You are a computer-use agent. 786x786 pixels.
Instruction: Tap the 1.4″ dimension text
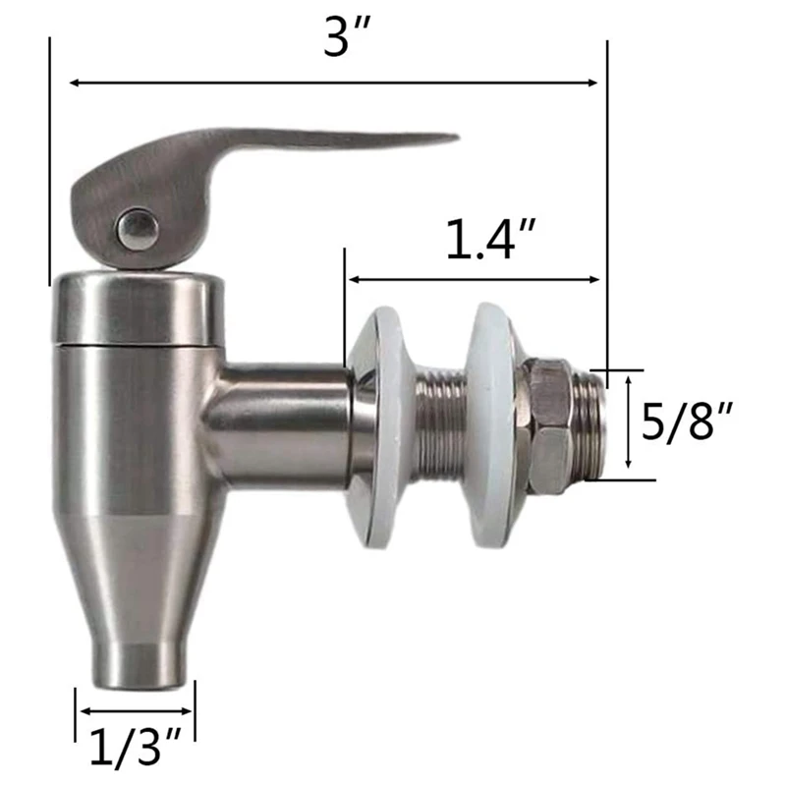[480, 240]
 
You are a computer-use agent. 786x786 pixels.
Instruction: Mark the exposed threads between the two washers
[440, 424]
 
